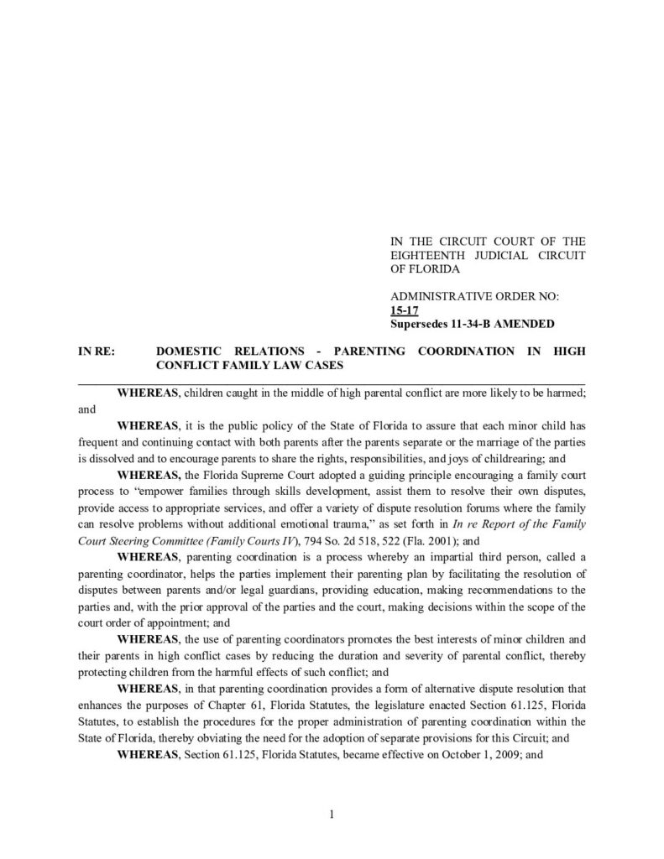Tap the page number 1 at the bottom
(332, 813)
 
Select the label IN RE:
(96, 351)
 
